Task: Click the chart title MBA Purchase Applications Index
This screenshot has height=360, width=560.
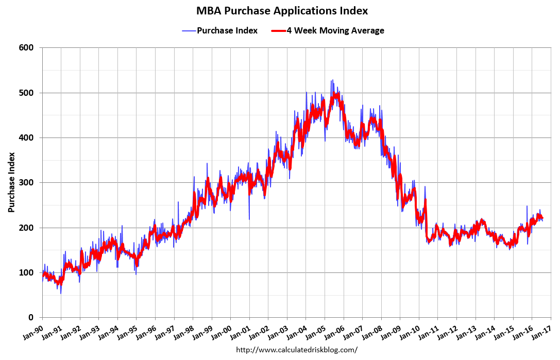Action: [x=282, y=11]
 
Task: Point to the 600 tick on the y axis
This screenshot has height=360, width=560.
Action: [x=26, y=48]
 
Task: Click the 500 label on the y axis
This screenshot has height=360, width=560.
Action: [x=26, y=93]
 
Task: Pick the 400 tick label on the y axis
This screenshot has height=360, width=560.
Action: [x=26, y=138]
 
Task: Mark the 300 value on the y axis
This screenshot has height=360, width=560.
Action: [x=26, y=183]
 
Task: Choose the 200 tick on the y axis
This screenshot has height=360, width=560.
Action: [x=26, y=228]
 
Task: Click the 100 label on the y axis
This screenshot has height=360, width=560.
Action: [x=26, y=272]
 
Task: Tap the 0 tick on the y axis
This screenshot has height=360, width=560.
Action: [x=31, y=317]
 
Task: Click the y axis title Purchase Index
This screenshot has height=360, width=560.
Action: [x=11, y=183]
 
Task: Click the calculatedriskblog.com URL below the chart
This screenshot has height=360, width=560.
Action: [x=296, y=350]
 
